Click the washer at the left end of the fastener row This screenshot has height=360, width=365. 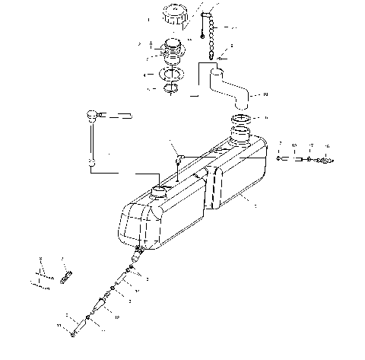coord(280,158)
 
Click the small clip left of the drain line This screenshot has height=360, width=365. coord(65,271)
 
